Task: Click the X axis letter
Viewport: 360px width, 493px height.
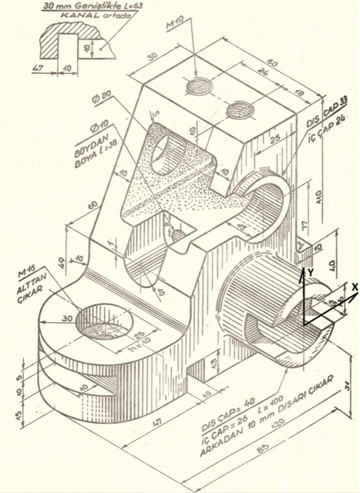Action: point(354,286)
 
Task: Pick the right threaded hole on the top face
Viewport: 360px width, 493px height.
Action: point(239,112)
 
